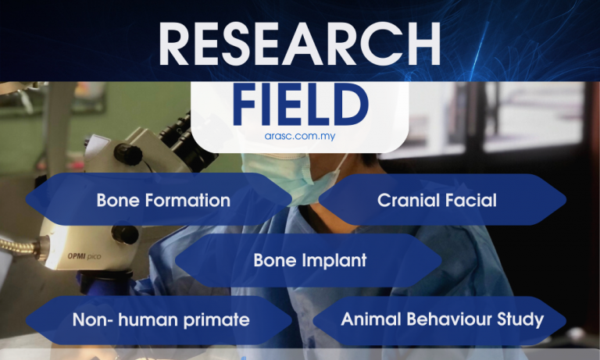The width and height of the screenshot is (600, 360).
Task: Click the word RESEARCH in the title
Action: pos(300,44)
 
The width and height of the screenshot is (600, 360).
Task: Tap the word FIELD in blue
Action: pos(300,105)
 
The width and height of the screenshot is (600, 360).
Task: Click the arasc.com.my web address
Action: pos(300,136)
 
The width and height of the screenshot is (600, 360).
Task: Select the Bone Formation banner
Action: pos(159,199)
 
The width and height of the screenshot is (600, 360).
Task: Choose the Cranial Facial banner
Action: pos(442,200)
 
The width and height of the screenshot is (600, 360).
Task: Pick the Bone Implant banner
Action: pos(309,261)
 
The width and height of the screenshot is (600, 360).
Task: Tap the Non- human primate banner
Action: pos(159,320)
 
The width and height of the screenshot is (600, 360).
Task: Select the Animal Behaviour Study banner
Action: pos(439,320)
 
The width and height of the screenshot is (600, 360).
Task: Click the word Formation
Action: pos(187,200)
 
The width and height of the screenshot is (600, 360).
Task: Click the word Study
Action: pos(520,320)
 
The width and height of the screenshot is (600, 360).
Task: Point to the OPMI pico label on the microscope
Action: pos(84,256)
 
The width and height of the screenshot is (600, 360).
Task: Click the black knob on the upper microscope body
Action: pos(128,154)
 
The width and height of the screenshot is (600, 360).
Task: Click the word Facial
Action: pos(468,200)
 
